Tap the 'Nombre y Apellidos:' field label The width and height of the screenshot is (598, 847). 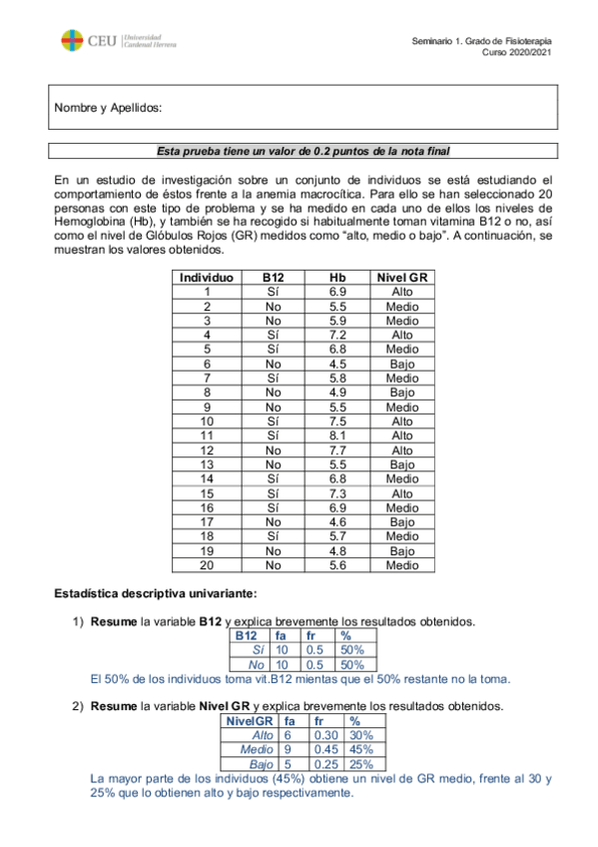click(x=108, y=108)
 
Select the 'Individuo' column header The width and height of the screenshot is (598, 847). click(x=206, y=278)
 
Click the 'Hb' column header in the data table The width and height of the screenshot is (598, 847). click(x=336, y=278)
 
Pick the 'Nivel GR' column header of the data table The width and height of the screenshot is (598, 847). click(x=402, y=278)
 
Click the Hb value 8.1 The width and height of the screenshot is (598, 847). click(x=336, y=436)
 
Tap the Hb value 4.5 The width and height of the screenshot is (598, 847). click(x=336, y=365)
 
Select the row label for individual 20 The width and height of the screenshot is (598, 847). click(x=206, y=565)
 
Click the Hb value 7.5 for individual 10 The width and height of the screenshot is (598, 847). click(x=336, y=423)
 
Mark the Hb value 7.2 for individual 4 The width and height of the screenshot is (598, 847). click(x=336, y=336)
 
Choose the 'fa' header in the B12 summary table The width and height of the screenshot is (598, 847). click(x=281, y=635)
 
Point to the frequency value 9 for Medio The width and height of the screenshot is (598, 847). click(x=288, y=749)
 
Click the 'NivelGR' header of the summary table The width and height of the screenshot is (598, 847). click(x=251, y=720)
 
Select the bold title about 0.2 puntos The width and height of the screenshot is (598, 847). click(x=303, y=151)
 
